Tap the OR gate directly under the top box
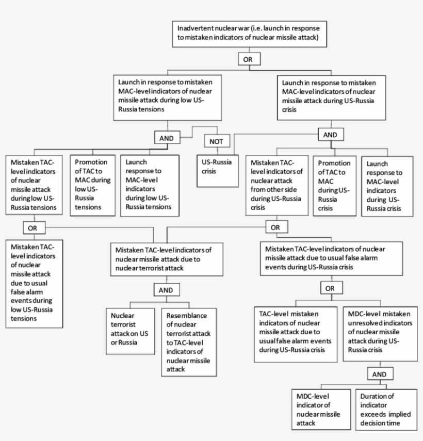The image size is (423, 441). coord(248,59)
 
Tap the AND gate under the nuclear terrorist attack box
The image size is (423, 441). coord(166,290)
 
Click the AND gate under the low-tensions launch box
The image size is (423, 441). coord(167,138)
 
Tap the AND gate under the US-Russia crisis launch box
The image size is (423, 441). coord(330,135)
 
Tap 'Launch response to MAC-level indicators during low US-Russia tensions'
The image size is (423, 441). coord(149,184)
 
